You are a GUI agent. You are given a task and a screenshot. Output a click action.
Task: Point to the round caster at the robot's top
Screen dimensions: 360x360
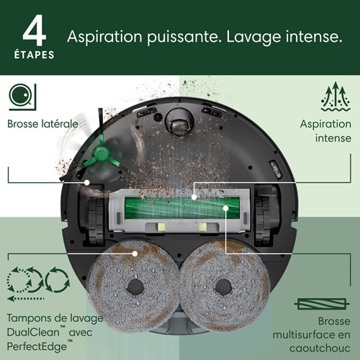(179, 123)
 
